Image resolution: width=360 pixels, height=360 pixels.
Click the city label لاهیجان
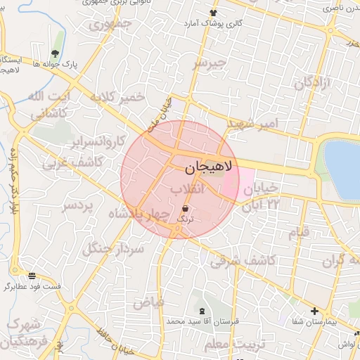211,168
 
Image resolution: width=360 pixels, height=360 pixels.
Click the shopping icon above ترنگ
185,209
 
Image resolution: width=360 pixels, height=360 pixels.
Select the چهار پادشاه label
139,213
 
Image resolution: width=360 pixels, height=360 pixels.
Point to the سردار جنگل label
113,248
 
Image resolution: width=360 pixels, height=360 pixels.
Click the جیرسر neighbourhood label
212,63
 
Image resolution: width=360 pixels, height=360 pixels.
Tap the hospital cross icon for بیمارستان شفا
314,311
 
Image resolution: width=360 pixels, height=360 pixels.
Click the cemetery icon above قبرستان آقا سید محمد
202,311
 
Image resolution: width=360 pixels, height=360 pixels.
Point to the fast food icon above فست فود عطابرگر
32,275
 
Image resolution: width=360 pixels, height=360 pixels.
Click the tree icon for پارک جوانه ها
55,53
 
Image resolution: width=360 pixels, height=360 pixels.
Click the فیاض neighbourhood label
148,302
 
